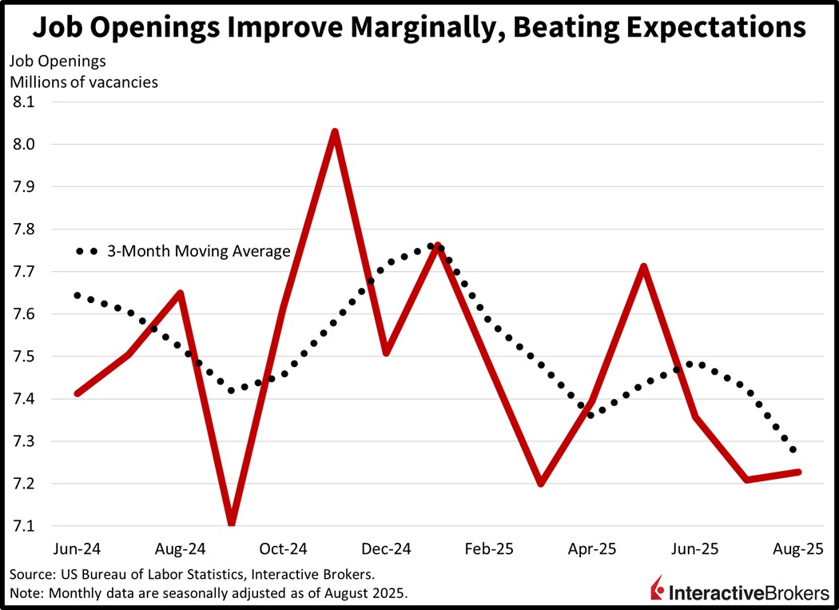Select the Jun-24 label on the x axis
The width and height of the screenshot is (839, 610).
coord(78,549)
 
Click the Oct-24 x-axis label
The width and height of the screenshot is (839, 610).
coord(284,549)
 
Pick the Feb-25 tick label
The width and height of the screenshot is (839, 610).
coord(490,549)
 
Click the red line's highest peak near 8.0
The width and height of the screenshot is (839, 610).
coord(335,131)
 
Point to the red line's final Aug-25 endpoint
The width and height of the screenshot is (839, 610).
coord(799,472)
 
